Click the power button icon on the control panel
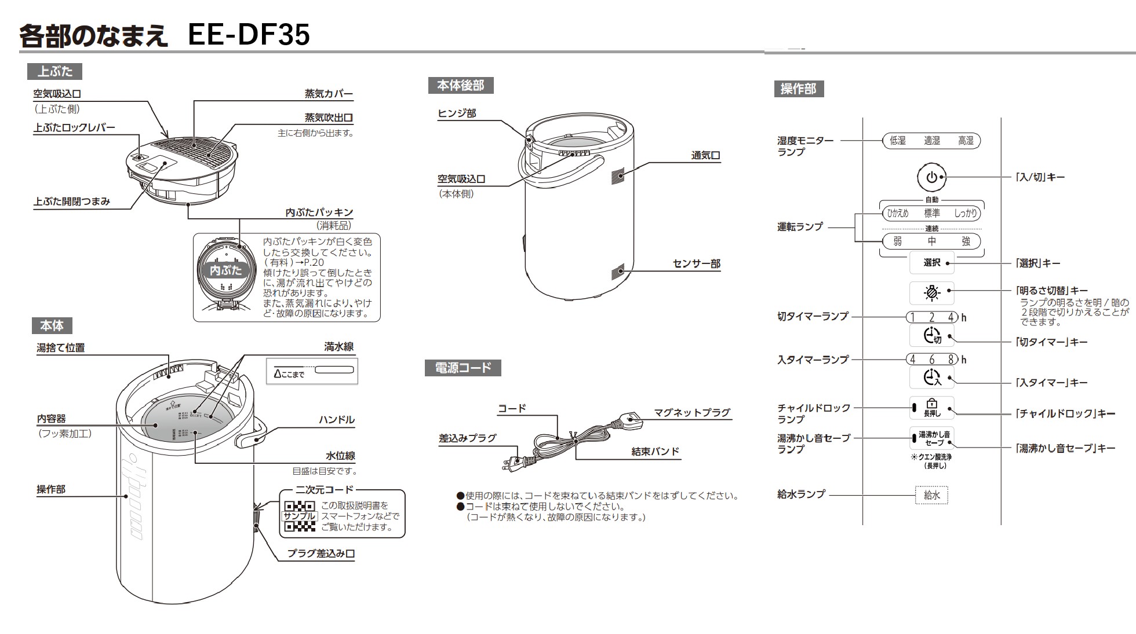tap(931, 178)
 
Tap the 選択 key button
tap(931, 263)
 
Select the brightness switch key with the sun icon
tap(931, 293)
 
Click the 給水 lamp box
tap(931, 495)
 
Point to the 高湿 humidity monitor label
tap(966, 141)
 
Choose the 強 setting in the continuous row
tap(966, 241)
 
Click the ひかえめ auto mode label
tap(897, 213)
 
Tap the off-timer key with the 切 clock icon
tap(931, 336)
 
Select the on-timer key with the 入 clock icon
tap(931, 378)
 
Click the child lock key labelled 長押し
tap(931, 408)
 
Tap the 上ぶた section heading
tap(55, 72)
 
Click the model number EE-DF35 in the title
tap(249, 35)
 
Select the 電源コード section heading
tap(463, 368)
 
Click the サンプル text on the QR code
tap(299, 516)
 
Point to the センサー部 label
tap(696, 264)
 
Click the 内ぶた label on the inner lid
tap(225, 270)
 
